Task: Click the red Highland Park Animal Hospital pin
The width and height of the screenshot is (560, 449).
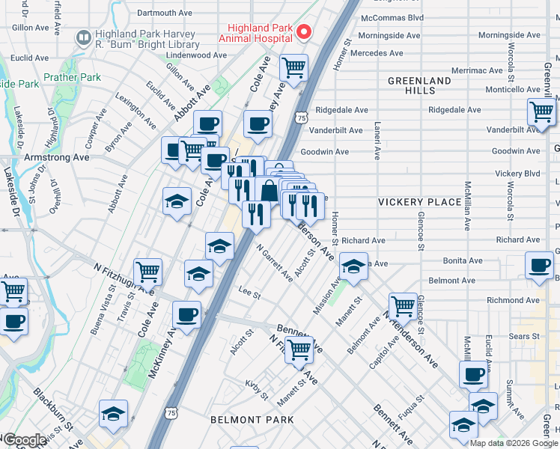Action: (x=303, y=31)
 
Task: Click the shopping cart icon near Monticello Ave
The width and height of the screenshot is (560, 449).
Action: (x=541, y=112)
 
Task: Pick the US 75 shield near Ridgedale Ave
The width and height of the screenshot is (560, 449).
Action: (x=301, y=117)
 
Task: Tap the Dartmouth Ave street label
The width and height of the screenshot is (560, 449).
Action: (x=165, y=13)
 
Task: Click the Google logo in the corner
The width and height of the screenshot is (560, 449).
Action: (x=25, y=440)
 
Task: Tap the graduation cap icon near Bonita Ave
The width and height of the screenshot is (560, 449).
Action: (x=353, y=266)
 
